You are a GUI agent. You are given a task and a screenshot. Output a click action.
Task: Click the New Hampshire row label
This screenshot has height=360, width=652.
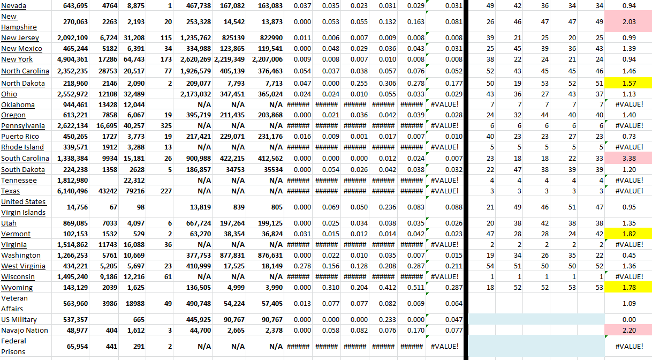click(x=19, y=22)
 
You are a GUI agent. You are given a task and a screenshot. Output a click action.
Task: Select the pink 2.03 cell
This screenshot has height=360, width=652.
click(x=628, y=22)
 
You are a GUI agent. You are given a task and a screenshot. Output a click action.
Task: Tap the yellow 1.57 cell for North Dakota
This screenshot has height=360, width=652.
click(x=628, y=83)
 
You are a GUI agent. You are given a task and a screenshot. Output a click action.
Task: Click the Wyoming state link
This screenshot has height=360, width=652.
click(x=17, y=288)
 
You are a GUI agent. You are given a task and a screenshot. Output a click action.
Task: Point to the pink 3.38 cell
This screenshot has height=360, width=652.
click(x=628, y=158)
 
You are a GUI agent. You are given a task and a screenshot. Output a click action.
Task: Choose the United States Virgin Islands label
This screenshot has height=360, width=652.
click(x=24, y=207)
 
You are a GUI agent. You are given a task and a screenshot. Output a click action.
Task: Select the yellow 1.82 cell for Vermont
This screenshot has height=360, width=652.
click(x=628, y=234)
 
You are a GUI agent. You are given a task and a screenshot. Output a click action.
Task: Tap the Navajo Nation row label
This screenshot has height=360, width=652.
click(x=25, y=331)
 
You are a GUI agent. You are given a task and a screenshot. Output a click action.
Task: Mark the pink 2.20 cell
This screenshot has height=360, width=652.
click(x=628, y=331)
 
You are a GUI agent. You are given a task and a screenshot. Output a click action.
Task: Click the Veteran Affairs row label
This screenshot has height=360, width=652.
click(x=14, y=303)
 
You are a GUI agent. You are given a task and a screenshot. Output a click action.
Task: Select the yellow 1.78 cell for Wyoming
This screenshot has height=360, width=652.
click(x=628, y=288)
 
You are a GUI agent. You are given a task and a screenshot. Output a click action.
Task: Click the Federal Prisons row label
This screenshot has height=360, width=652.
click(x=14, y=346)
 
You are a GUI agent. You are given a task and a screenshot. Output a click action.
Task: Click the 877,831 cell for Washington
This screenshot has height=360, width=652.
click(x=231, y=256)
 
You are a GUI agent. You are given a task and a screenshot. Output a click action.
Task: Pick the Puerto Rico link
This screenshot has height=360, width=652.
click(x=20, y=137)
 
